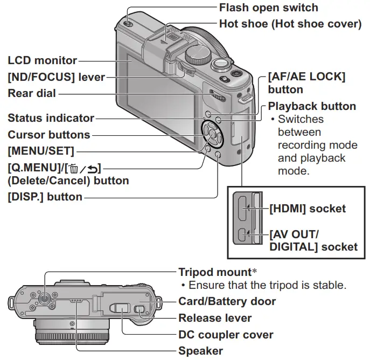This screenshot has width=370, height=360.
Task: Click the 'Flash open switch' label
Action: tap(268, 8)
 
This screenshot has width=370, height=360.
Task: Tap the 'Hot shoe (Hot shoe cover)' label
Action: tap(290, 24)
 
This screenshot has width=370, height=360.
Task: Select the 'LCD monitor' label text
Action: tap(42, 60)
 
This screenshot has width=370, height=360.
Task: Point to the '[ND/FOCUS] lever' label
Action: tap(56, 77)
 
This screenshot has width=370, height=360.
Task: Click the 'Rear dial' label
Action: tap(32, 93)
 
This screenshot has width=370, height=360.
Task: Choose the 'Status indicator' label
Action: tap(51, 118)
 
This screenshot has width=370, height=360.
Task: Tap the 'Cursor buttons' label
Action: tap(48, 134)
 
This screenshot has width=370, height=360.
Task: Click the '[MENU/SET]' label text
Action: tap(41, 150)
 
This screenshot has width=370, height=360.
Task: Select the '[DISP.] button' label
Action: tap(45, 197)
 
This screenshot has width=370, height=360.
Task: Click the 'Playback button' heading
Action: tap(312, 106)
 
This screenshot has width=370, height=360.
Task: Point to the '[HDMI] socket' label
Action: tap(307, 208)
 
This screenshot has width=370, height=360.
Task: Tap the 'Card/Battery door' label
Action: tap(227, 301)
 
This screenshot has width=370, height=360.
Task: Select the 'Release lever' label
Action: tap(215, 318)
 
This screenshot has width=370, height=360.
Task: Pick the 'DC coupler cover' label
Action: tap(226, 335)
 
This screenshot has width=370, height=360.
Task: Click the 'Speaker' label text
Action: tap(200, 351)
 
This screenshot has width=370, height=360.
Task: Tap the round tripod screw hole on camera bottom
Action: tap(44, 297)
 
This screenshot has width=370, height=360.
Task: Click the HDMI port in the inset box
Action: tap(243, 208)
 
